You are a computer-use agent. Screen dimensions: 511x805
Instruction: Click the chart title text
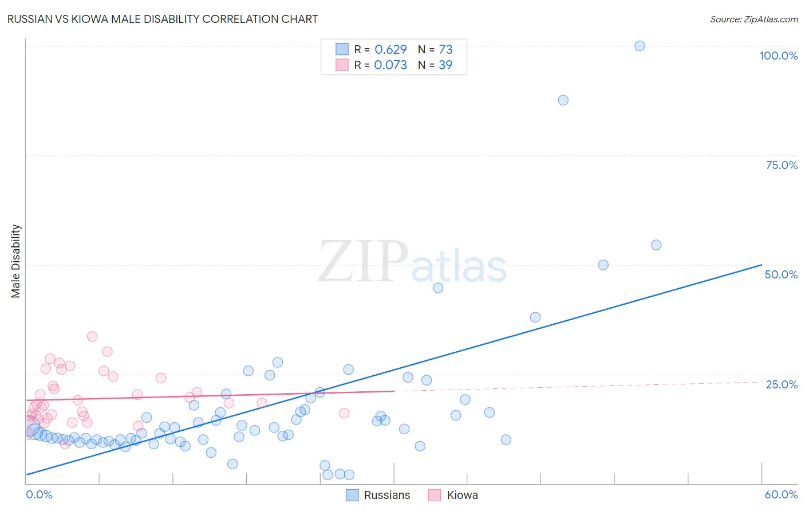tap(163, 19)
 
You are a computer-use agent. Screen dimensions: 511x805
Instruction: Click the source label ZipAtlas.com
tap(753, 19)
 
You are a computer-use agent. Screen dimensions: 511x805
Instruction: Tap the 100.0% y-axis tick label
tap(778, 56)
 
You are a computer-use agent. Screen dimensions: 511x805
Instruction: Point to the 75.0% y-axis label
tap(782, 165)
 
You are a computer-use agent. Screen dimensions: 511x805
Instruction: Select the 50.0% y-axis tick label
tap(781, 274)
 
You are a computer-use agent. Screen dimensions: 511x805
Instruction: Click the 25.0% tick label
tap(782, 384)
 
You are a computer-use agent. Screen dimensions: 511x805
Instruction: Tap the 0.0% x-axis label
tap(39, 494)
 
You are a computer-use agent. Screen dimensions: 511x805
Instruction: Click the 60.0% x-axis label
tap(781, 494)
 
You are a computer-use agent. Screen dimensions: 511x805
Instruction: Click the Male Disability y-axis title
tap(16, 261)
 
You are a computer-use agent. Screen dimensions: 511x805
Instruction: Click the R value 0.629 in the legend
tap(390, 49)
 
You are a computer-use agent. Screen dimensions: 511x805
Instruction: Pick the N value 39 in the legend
tap(445, 65)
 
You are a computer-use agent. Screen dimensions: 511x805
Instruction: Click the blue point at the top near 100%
tap(640, 46)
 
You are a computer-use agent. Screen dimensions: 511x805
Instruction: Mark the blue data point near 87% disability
tap(563, 100)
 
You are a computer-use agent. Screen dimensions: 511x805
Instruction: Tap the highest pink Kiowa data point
tap(92, 336)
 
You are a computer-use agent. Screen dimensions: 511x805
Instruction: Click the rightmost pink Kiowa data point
tap(344, 413)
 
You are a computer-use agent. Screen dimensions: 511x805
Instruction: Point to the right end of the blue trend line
tap(761, 265)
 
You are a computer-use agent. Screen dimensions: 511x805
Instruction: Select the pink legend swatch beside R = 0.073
tap(342, 65)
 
